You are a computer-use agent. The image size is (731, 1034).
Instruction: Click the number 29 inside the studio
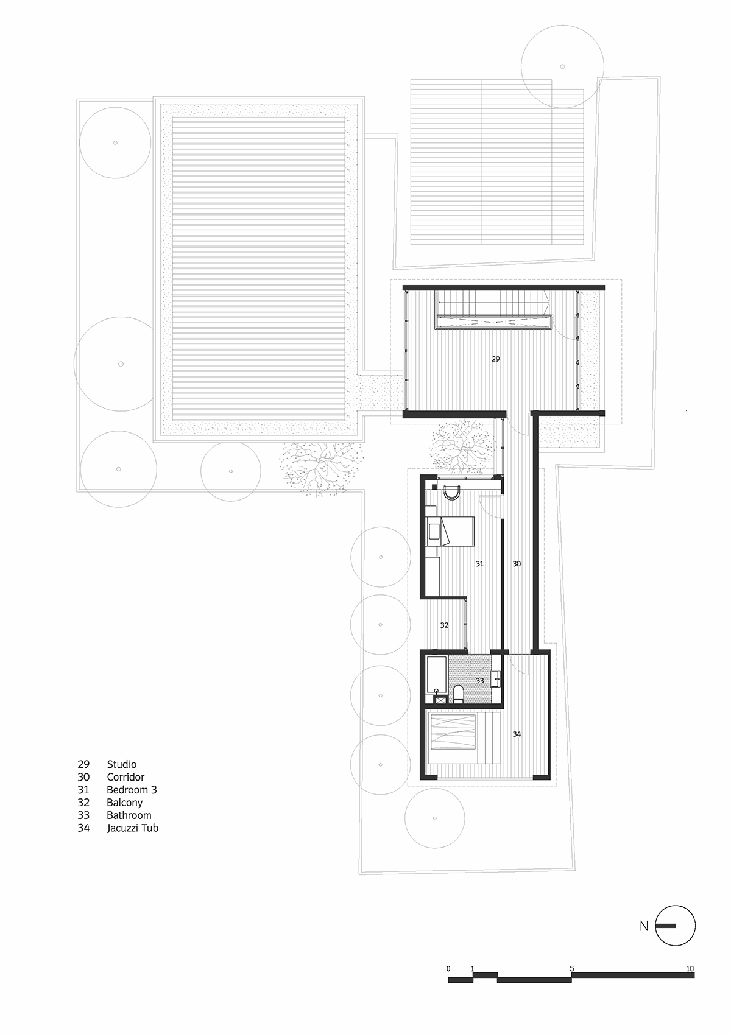(495, 359)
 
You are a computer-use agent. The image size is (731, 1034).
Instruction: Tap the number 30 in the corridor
(517, 564)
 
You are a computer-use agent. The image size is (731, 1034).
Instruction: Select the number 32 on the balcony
(444, 625)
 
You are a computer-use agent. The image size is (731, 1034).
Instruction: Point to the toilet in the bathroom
(458, 694)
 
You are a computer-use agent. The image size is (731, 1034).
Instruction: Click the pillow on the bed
(434, 531)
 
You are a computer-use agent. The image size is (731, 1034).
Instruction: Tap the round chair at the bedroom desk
(451, 493)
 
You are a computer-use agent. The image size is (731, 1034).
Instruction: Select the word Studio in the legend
(121, 764)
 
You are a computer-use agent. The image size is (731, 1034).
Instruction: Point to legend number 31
(83, 790)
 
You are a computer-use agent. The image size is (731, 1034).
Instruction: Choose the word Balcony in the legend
(125, 803)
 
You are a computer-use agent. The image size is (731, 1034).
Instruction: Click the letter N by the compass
(644, 926)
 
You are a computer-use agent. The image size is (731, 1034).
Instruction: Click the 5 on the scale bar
(571, 968)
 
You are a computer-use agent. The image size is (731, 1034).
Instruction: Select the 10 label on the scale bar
(690, 968)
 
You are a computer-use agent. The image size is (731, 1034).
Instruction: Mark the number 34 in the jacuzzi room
(517, 734)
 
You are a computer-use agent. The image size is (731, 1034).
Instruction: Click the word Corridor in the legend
(125, 778)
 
